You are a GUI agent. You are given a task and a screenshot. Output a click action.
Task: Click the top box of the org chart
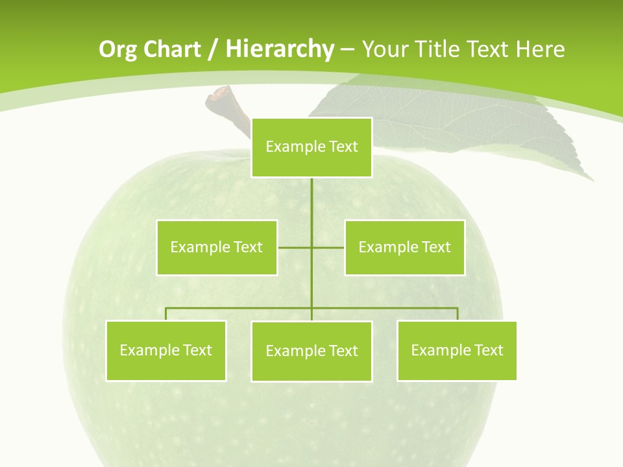click(311, 147)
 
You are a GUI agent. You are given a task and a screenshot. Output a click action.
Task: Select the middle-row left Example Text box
click(217, 247)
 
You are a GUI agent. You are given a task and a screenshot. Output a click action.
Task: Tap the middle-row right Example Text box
click(404, 247)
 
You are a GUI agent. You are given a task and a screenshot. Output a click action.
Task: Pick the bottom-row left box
click(165, 351)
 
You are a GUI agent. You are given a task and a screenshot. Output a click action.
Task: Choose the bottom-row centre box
click(311, 352)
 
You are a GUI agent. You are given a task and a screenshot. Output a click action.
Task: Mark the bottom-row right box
click(457, 351)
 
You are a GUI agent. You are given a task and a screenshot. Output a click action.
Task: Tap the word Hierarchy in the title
click(279, 49)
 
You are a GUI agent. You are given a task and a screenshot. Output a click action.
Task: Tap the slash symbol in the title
click(214, 49)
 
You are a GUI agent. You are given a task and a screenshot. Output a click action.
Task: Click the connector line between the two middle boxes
click(311, 247)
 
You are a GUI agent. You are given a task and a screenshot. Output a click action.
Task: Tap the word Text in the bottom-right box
click(489, 351)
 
